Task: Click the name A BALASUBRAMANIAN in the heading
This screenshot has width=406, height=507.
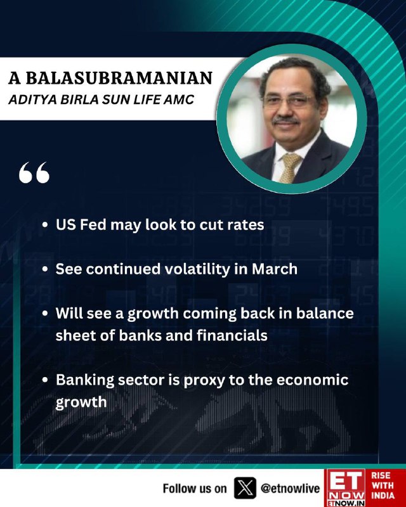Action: pos(110,78)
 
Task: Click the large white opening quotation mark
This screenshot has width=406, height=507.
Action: pos(34,172)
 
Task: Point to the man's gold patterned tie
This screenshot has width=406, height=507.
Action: pos(289,167)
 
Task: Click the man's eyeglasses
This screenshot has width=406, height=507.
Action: pos(288,100)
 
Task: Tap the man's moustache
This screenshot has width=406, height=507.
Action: pos(285,121)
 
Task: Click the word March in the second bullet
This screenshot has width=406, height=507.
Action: pos(275,269)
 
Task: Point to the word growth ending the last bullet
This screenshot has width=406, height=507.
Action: pos(81,402)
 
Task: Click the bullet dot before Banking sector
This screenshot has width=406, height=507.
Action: pos(45,380)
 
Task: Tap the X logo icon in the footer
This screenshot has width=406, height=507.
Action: pos(245,488)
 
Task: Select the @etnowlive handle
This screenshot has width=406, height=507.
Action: pos(290,488)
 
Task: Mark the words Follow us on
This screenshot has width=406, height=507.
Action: pos(195,488)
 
